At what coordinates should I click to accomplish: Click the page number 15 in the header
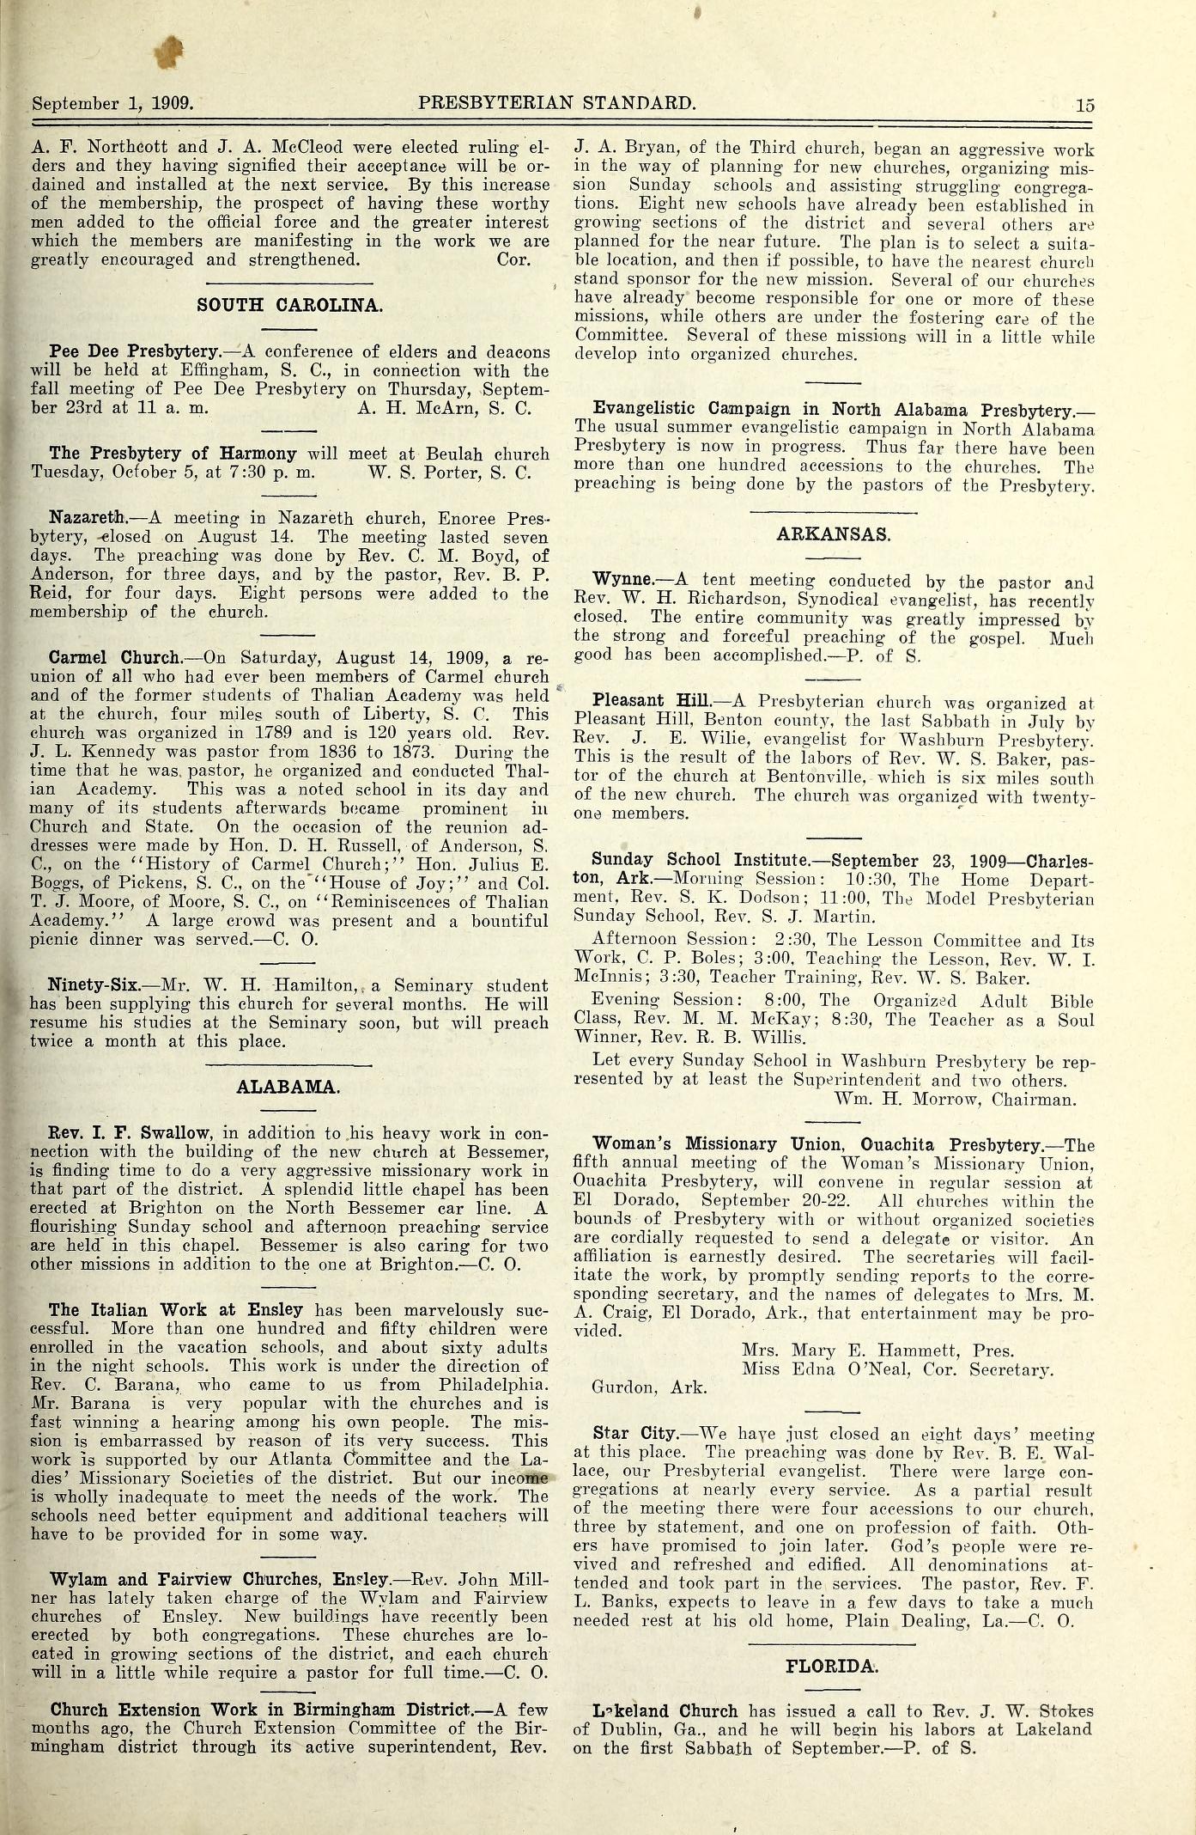[1084, 106]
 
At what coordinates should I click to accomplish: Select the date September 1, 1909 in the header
[112, 103]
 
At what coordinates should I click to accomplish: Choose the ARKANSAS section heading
[834, 533]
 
